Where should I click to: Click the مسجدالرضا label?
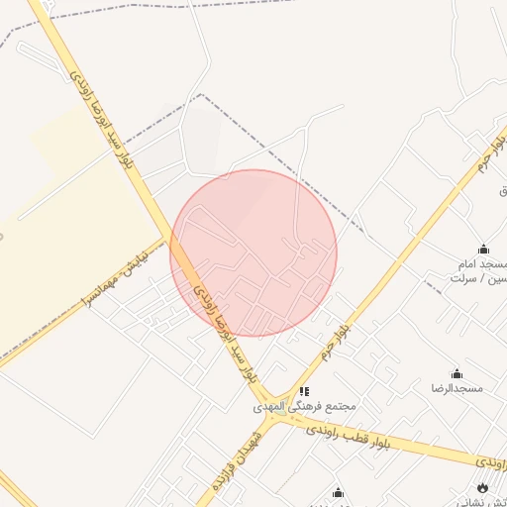point(456,388)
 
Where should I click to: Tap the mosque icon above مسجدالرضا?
point(456,373)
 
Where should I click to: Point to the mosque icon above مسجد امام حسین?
point(483,249)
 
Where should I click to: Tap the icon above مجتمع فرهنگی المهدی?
point(305,392)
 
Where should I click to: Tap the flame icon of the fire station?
point(483,487)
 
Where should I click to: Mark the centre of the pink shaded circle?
point(253,253)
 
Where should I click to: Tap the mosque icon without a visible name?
point(338,492)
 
